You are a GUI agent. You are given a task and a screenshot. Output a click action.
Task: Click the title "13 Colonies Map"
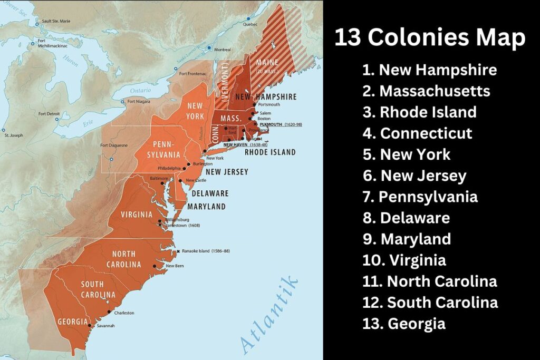click(x=430, y=38)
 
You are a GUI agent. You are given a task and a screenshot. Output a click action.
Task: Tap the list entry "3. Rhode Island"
click(x=420, y=112)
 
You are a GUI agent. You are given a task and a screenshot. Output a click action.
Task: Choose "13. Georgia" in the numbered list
click(x=404, y=323)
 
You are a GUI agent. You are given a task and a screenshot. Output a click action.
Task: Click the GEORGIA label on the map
click(x=73, y=322)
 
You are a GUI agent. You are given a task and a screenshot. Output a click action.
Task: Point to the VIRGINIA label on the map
click(x=137, y=215)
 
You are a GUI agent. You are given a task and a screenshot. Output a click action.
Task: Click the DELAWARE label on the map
click(x=210, y=193)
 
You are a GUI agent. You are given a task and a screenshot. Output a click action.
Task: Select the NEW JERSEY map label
click(x=227, y=172)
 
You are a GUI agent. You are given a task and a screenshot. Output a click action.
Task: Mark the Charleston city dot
click(x=109, y=313)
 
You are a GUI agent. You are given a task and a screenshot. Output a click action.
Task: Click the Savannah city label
click(x=105, y=326)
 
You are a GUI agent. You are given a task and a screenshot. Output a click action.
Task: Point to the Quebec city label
click(x=250, y=24)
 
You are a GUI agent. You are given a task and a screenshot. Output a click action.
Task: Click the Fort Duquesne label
click(x=114, y=145)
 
